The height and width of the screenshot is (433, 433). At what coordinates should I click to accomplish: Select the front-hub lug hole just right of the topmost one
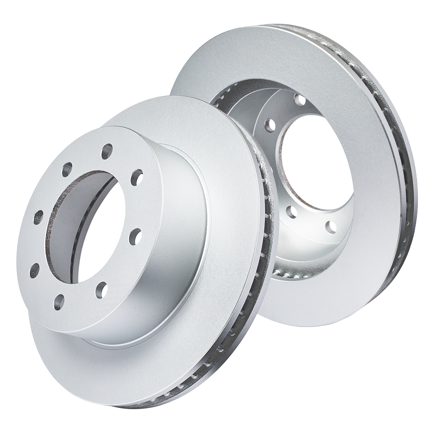137,176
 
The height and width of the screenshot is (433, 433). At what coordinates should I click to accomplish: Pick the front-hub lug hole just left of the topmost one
67,169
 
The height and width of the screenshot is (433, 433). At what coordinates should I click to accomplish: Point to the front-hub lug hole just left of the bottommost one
34,270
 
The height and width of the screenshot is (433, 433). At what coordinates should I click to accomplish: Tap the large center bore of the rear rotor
314,169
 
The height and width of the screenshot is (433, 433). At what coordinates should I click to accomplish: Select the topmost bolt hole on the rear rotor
299,100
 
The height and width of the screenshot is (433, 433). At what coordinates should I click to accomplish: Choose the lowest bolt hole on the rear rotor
331,226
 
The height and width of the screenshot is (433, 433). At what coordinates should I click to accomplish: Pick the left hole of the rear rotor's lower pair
292,212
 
